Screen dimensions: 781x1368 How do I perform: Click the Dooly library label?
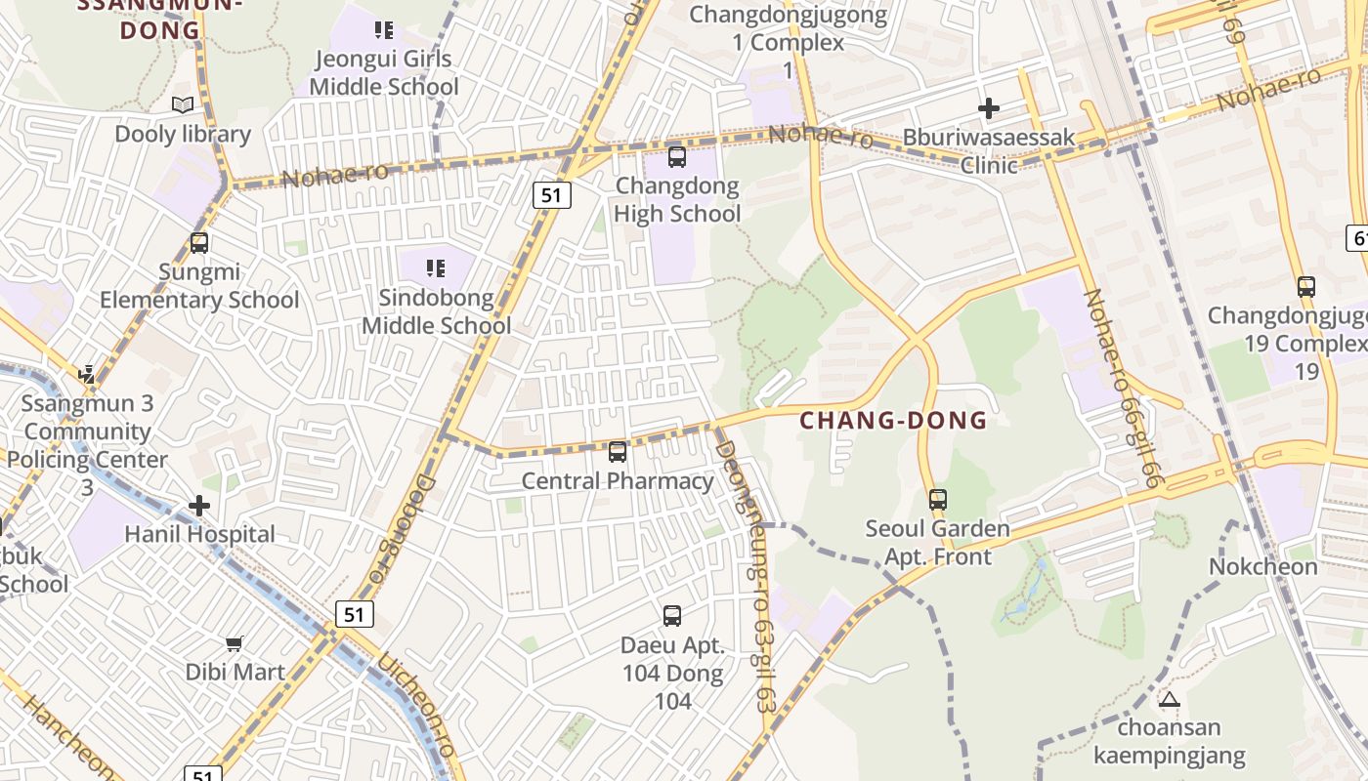tap(183, 134)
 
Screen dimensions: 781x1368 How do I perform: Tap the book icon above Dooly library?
tap(183, 104)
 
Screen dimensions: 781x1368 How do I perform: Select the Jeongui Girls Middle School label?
tap(384, 72)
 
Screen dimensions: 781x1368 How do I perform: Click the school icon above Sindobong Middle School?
tap(436, 267)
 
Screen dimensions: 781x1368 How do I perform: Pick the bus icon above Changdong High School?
tap(676, 156)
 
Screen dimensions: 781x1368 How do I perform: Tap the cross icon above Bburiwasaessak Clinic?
tap(989, 107)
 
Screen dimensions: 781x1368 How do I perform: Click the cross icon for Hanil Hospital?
tap(199, 506)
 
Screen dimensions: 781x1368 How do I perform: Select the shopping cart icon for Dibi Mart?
tap(235, 643)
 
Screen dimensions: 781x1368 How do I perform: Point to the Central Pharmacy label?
tap(618, 480)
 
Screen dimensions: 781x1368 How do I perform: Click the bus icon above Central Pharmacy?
tap(618, 452)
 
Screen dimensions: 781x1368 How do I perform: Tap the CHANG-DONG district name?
tap(893, 421)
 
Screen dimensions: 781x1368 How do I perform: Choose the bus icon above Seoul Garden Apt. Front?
tap(938, 500)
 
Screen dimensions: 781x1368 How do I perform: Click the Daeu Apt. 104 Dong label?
tap(672, 659)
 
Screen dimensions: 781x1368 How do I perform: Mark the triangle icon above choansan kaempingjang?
tap(1169, 699)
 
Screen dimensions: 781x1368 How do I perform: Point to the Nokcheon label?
tap(1263, 566)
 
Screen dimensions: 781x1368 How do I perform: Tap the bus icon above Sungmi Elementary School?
tap(199, 242)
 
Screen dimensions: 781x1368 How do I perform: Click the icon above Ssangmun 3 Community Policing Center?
tap(88, 374)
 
